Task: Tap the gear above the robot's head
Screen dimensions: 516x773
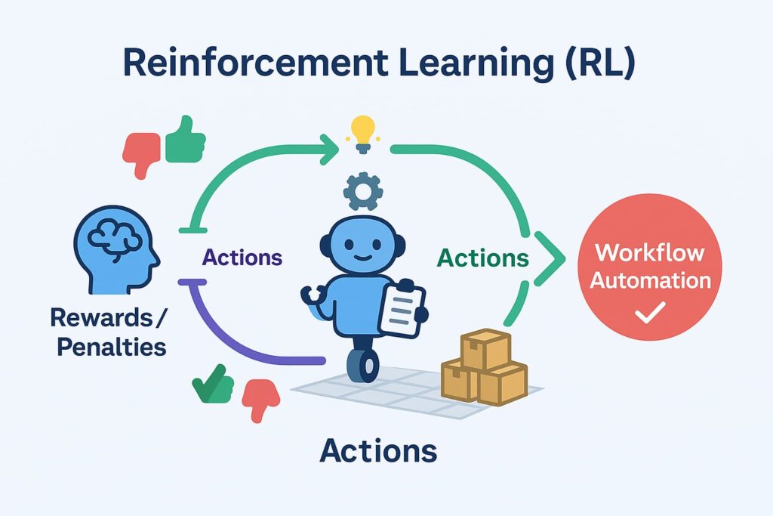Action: click(x=363, y=190)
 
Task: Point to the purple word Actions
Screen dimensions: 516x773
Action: click(x=242, y=258)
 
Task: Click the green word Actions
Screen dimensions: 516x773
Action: click(x=483, y=258)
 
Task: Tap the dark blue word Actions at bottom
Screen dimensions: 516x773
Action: click(x=378, y=451)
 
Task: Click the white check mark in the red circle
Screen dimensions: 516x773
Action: click(x=649, y=312)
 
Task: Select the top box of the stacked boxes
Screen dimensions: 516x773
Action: click(x=485, y=348)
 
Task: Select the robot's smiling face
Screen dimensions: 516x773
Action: click(x=364, y=246)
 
